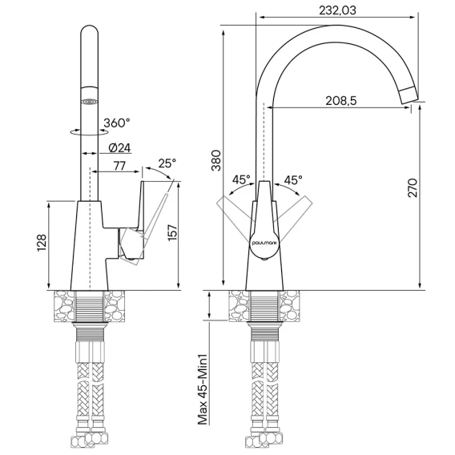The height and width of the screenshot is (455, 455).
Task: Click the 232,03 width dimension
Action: coord(337,10)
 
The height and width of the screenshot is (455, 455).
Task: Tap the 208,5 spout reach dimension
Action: coord(341,101)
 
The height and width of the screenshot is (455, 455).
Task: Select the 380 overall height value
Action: coord(216,160)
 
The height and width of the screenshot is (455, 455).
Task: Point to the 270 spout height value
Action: coord(413,188)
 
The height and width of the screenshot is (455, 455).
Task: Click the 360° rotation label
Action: coord(117,123)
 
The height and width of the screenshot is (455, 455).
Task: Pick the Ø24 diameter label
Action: coord(119,148)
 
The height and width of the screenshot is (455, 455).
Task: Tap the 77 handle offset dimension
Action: coord(119,166)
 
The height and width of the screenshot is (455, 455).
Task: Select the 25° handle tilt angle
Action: coord(167,163)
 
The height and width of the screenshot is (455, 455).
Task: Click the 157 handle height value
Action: coord(172,232)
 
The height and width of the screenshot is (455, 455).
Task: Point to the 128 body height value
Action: coord(42,243)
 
